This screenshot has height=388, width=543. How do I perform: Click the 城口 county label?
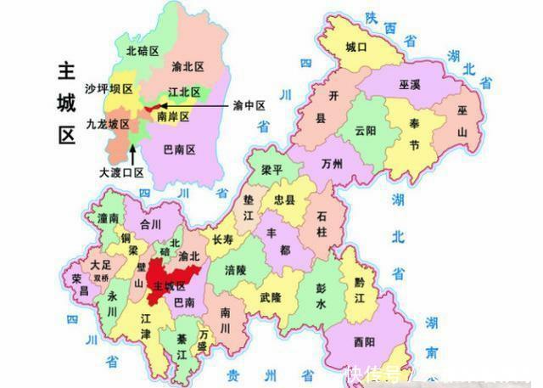pos(356,48)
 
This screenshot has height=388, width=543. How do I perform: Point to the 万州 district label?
pos(333,164)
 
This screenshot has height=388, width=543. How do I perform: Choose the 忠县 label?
pos(284,200)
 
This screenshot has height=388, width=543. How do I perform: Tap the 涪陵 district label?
pos(236,269)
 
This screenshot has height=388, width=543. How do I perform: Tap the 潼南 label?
pos(109,219)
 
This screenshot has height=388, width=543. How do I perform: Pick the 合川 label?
pos(150,225)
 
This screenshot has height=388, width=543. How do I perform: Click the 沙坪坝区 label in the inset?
pos(109,89)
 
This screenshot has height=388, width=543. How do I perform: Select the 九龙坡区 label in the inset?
pos(108,124)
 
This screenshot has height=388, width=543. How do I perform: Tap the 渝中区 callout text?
pos(249,106)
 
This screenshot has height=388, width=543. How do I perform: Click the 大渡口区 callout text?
pos(122,172)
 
